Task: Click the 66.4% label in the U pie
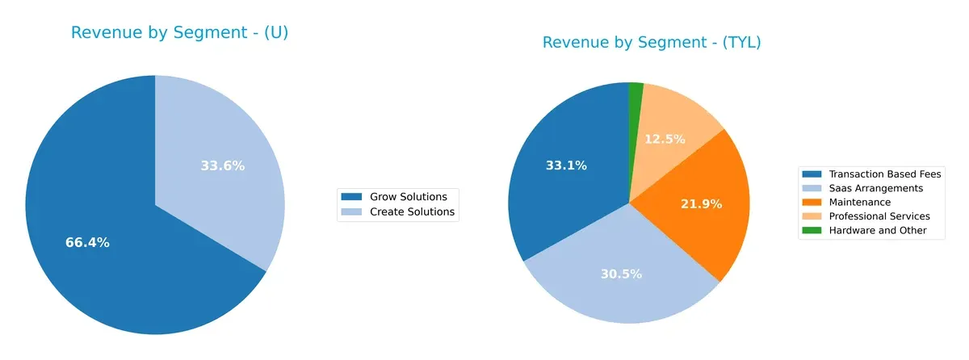click(87, 243)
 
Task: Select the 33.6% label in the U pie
click(223, 166)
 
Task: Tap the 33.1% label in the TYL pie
click(565, 166)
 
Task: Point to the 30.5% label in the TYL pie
click(621, 274)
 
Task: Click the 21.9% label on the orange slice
click(700, 204)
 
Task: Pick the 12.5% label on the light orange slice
click(665, 140)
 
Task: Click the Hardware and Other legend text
click(878, 231)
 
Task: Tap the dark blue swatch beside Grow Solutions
click(352, 197)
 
